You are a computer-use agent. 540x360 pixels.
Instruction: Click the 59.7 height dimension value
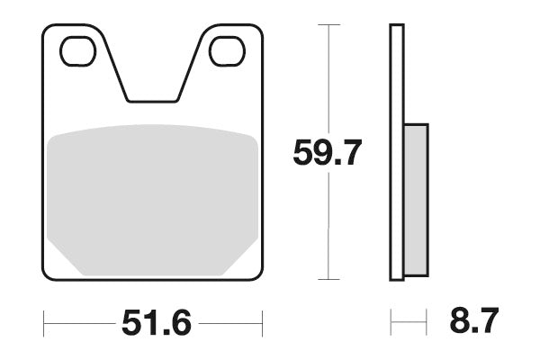[327, 154]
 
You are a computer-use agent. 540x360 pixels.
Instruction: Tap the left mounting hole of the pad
[77, 52]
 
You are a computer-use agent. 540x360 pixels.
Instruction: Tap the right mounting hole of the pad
[227, 52]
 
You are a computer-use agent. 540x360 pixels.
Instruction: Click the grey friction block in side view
[416, 200]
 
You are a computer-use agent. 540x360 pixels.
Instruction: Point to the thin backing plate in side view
[396, 153]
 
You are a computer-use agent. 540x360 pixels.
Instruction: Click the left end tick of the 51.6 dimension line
[43, 320]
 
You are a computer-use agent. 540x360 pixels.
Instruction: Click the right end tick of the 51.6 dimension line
[262, 320]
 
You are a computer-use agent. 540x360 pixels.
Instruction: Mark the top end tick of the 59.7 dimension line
[329, 25]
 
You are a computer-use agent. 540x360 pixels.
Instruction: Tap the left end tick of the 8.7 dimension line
[390, 320]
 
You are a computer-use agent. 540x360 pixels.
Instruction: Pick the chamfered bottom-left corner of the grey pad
[61, 262]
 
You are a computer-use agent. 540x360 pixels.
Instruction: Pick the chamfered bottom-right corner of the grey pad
[244, 262]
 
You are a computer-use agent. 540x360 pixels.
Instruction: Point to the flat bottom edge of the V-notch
[152, 101]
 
